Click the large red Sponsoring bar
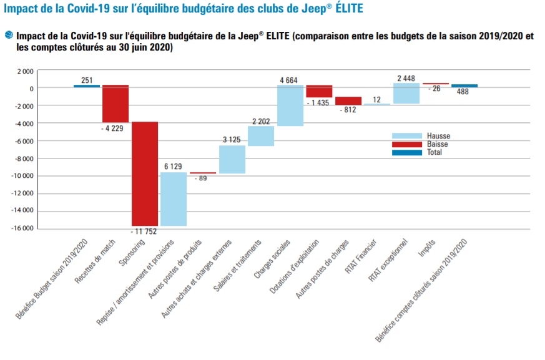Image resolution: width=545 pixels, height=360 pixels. pyautogui.click(x=144, y=173)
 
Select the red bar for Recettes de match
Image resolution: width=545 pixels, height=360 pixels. pyautogui.click(x=115, y=104)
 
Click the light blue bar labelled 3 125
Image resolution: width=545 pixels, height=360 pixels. pyautogui.click(x=232, y=159)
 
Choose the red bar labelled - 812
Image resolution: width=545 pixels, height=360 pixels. pyautogui.click(x=348, y=101)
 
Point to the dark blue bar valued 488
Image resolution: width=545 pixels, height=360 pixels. pyautogui.click(x=464, y=86)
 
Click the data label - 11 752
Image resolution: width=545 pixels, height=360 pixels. pyautogui.click(x=145, y=232)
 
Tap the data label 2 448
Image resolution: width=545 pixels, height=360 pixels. pyautogui.click(x=406, y=79)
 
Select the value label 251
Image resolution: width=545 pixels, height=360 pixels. pyautogui.click(x=87, y=80)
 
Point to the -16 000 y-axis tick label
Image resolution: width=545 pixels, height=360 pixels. pyautogui.click(x=22, y=228)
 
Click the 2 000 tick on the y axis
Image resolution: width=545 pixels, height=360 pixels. pyautogui.click(x=26, y=71)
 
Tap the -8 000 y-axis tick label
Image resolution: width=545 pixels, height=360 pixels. pyautogui.click(x=24, y=158)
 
